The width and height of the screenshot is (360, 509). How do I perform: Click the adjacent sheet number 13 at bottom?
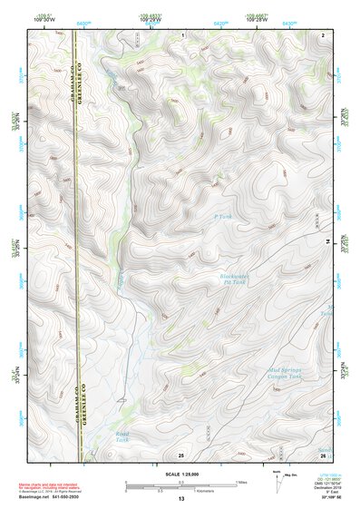coord(180,499)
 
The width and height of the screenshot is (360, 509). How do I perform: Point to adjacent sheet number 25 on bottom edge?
coord(181,454)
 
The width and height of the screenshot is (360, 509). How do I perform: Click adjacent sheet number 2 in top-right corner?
coord(323,34)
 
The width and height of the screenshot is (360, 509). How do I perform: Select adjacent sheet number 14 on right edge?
coord(327,241)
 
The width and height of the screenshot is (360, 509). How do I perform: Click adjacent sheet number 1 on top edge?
coord(181,34)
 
